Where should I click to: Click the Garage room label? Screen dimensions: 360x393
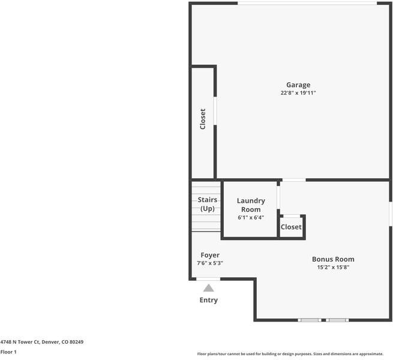point(298,85)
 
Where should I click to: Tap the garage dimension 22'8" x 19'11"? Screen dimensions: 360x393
point(298,93)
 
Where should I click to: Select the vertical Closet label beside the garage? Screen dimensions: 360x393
point(203,119)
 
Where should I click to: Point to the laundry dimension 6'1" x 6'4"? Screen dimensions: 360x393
point(251,218)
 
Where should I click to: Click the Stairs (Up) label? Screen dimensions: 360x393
point(208,205)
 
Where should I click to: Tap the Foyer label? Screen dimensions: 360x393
point(210,255)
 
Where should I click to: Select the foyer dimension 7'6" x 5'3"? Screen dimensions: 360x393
point(210,263)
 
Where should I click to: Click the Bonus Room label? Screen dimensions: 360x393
point(333,259)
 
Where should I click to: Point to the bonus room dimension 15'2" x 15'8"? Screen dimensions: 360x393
point(333,268)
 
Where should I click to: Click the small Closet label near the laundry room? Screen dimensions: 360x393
point(291,227)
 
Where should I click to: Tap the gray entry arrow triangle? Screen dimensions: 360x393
point(208,288)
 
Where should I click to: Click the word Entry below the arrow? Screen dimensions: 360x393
point(208,300)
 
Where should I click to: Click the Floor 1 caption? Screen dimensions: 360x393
point(8,352)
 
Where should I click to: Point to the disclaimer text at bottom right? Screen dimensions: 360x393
point(294,354)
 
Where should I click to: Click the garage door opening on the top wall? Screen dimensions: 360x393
point(307,4)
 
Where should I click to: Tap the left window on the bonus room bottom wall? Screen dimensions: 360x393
point(310,320)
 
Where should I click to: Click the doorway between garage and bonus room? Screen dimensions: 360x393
point(294,179)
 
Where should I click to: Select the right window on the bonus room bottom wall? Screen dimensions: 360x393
point(337,320)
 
